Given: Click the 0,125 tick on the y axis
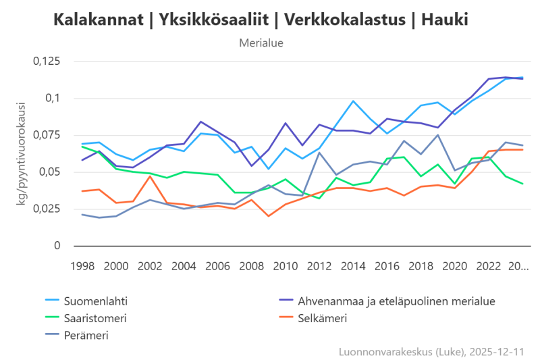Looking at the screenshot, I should point(47,61).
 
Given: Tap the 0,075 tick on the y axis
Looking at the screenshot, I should point(47,135).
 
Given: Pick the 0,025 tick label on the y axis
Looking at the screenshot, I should point(47,209).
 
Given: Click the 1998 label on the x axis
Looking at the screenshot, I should point(82,266).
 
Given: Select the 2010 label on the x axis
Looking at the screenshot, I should point(286,266).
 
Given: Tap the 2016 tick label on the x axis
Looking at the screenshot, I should point(387,266).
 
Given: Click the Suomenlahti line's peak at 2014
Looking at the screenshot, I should point(353,101).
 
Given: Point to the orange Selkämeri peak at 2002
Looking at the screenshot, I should point(150,176).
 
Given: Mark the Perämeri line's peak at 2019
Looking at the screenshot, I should point(438,135).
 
